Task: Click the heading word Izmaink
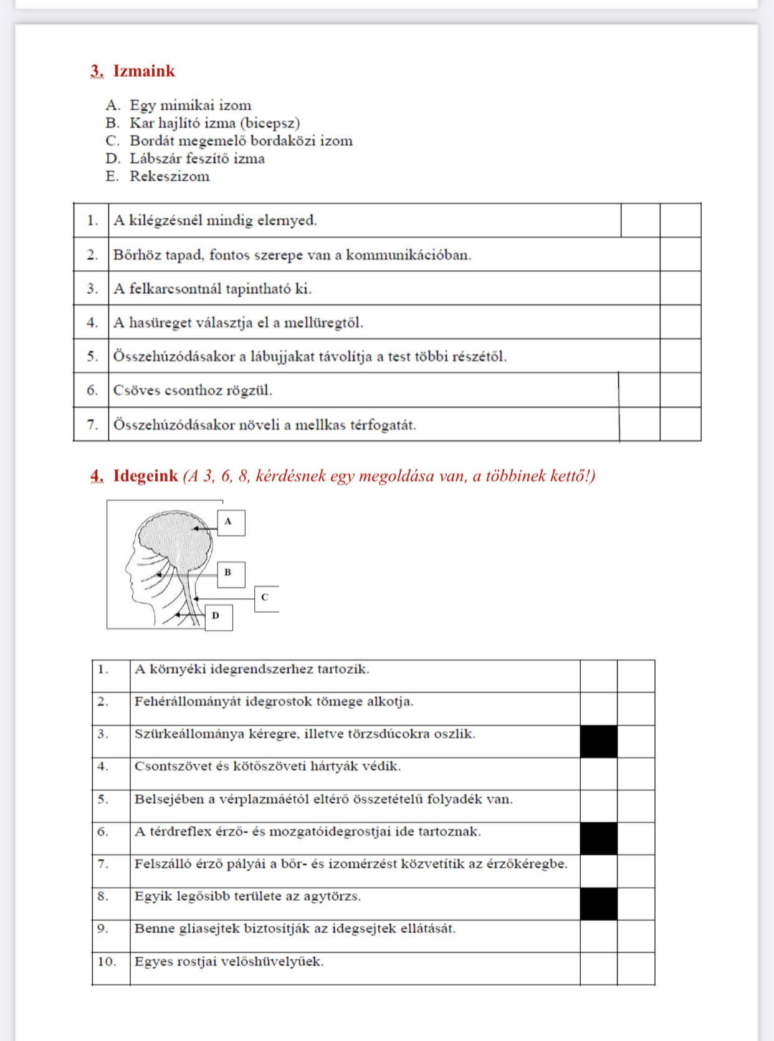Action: pyautogui.click(x=144, y=71)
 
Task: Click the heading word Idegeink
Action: pyautogui.click(x=146, y=476)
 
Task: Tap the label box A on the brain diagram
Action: pyautogui.click(x=231, y=522)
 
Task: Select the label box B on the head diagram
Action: pyautogui.click(x=231, y=573)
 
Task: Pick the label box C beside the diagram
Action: pyautogui.click(x=266, y=598)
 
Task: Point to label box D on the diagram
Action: pyautogui.click(x=219, y=617)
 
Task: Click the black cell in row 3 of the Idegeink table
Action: pyautogui.click(x=598, y=742)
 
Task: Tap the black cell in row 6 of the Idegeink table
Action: pyautogui.click(x=598, y=838)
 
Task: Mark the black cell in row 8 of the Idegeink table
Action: pyautogui.click(x=598, y=904)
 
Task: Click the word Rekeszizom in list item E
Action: pyautogui.click(x=170, y=176)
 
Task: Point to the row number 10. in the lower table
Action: pyautogui.click(x=107, y=961)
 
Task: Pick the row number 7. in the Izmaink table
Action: pyautogui.click(x=92, y=425)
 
